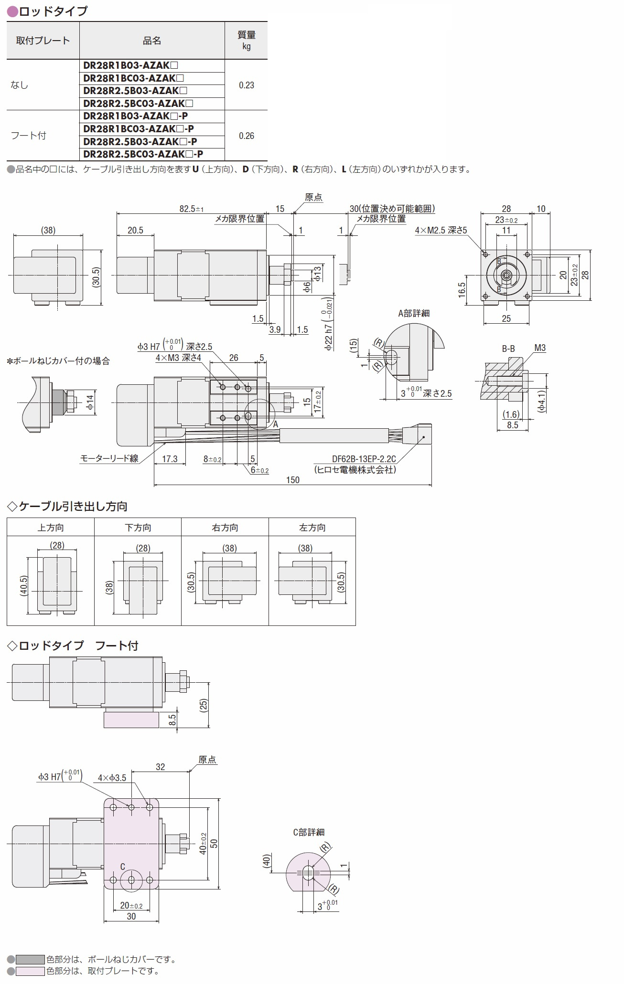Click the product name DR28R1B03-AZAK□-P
[x=135, y=116]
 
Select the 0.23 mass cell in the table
[x=246, y=85]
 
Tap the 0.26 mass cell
[x=246, y=136]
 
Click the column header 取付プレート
[x=43, y=41]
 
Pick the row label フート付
[x=28, y=136]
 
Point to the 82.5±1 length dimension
[x=191, y=209]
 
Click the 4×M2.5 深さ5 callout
[x=441, y=230]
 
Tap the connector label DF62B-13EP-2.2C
[x=364, y=459]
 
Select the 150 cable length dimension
[x=293, y=480]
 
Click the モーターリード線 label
[x=109, y=458]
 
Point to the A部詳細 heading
[x=414, y=313]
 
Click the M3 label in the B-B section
[x=540, y=348]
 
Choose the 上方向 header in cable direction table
[x=51, y=528]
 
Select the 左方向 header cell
[x=312, y=528]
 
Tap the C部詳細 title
[x=309, y=832]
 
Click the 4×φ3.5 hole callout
[x=112, y=778]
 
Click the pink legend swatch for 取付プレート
[x=30, y=971]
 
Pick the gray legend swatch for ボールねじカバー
[x=30, y=959]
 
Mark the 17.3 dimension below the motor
[x=170, y=459]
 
